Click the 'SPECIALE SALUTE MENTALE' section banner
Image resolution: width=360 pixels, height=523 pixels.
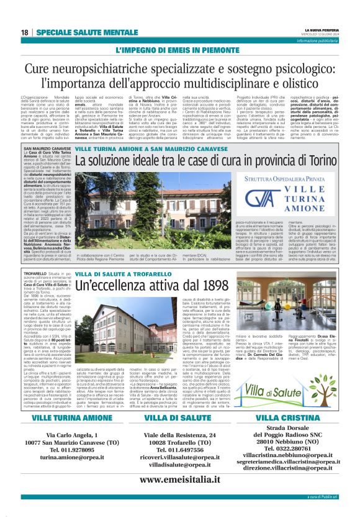point(81,32)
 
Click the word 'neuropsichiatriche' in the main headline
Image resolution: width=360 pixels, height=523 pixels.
point(110,67)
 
